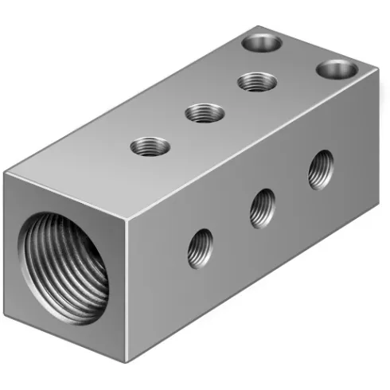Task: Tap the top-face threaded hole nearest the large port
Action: [150, 146]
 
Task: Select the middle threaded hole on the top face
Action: [205, 113]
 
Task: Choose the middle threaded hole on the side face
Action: [262, 209]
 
